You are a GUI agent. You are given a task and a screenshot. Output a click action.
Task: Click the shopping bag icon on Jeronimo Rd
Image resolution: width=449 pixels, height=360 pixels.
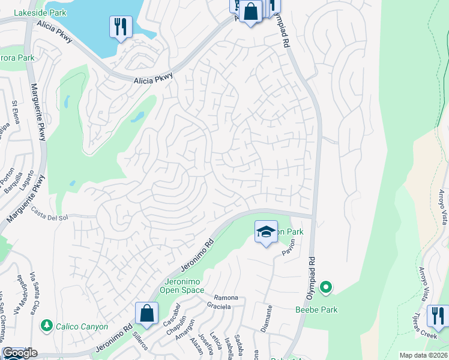click(146, 313)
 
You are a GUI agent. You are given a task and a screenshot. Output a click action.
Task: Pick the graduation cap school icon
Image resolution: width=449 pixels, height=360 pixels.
click(265, 232)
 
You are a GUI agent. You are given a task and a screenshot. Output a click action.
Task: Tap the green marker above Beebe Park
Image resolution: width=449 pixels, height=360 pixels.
click(326, 289)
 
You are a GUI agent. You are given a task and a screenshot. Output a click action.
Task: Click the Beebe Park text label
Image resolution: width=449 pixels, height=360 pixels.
click(316, 310)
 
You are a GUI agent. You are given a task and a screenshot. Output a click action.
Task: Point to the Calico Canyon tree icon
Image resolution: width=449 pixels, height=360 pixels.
click(46, 325)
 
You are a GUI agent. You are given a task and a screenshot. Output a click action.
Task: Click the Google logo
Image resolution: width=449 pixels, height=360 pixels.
click(20, 353)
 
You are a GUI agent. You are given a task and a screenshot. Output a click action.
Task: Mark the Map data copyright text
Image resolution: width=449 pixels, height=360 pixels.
click(423, 355)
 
